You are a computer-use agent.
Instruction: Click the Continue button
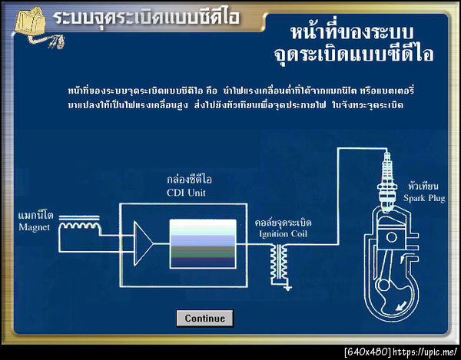coord(204,318)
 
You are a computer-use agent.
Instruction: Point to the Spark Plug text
coord(423,197)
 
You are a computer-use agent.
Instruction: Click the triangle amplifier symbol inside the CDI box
coord(142,241)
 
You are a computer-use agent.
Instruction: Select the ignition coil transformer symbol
coord(277,261)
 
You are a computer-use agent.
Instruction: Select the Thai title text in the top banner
coord(146,16)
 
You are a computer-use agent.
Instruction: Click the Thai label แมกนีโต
coord(35,217)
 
